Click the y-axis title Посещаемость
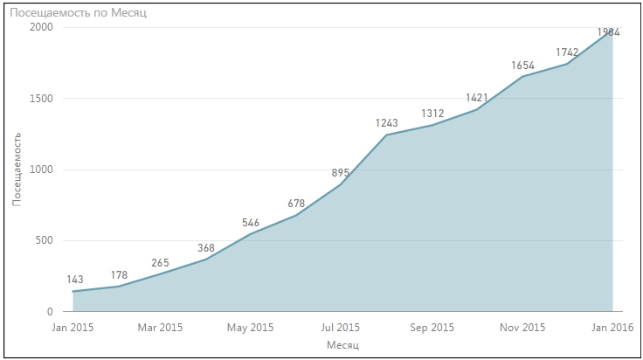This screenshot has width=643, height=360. coord(17,169)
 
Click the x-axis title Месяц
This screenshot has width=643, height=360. coord(342,347)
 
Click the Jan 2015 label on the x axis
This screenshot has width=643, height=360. coord(73,328)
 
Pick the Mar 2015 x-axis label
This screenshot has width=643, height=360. coord(161,328)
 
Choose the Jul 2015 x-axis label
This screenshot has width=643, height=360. coord(341,328)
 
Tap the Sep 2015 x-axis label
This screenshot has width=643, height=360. coord(432,328)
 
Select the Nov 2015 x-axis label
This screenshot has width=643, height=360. coord(522,328)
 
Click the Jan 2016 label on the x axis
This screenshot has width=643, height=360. coord(612,328)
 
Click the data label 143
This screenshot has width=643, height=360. coord(74,280)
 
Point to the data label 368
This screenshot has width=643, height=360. coord(206,247)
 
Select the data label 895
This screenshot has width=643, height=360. coord(342,172)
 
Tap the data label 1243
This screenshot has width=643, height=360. coord(386,123)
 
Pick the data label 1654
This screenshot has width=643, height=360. coord(522,65)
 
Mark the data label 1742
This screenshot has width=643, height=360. coord(566,52)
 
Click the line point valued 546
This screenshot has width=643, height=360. coord(252,234)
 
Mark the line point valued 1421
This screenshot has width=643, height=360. coord(476,109)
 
